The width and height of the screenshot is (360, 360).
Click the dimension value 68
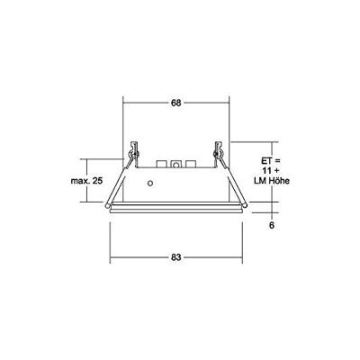(175, 103)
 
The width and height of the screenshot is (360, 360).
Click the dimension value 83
(176, 257)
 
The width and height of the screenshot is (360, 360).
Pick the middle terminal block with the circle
(176, 165)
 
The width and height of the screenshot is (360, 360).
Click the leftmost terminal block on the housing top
(162, 165)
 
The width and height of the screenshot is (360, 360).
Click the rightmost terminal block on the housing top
(191, 165)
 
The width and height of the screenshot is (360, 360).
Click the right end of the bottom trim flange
(243, 210)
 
